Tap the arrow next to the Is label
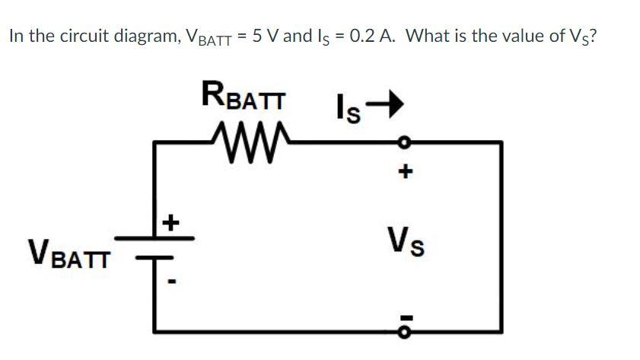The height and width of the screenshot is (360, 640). point(384,105)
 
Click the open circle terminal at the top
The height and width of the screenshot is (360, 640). point(406,142)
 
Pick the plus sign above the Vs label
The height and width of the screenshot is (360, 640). point(406,173)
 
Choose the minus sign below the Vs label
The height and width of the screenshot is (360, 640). point(406,314)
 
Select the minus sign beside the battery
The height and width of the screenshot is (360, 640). point(173,283)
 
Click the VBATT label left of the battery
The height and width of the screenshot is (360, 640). point(68,253)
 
